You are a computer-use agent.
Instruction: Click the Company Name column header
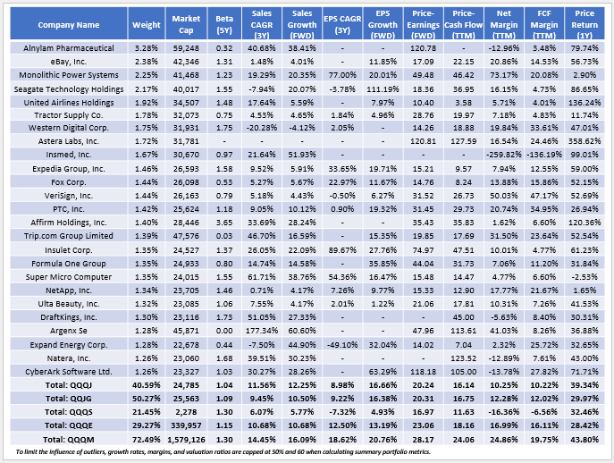(x=69, y=25)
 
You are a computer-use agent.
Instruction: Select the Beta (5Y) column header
(x=224, y=24)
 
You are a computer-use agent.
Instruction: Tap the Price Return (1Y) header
(x=585, y=24)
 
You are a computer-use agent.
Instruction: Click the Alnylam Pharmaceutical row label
(x=69, y=48)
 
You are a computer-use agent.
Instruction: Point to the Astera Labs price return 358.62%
(x=585, y=141)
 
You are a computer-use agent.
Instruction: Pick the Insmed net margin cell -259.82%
(x=503, y=155)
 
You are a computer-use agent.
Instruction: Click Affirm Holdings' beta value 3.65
(x=224, y=223)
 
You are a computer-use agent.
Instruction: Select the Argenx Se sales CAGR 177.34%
(x=262, y=331)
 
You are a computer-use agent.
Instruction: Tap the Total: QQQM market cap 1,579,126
(x=186, y=440)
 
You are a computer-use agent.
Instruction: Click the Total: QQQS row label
(x=69, y=412)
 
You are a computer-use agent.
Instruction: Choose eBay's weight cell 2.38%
(x=146, y=62)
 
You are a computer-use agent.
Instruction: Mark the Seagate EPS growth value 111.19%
(x=383, y=89)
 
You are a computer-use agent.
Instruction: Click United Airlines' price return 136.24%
(x=585, y=103)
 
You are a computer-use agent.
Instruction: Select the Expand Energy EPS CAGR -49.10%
(x=342, y=345)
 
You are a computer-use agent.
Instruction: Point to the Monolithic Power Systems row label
(x=69, y=75)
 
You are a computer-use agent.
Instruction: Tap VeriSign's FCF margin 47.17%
(x=544, y=196)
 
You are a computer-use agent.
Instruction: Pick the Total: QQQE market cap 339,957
(x=186, y=425)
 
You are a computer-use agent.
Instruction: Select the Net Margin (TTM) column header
(x=503, y=24)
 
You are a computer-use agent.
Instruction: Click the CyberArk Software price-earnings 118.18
(x=423, y=371)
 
